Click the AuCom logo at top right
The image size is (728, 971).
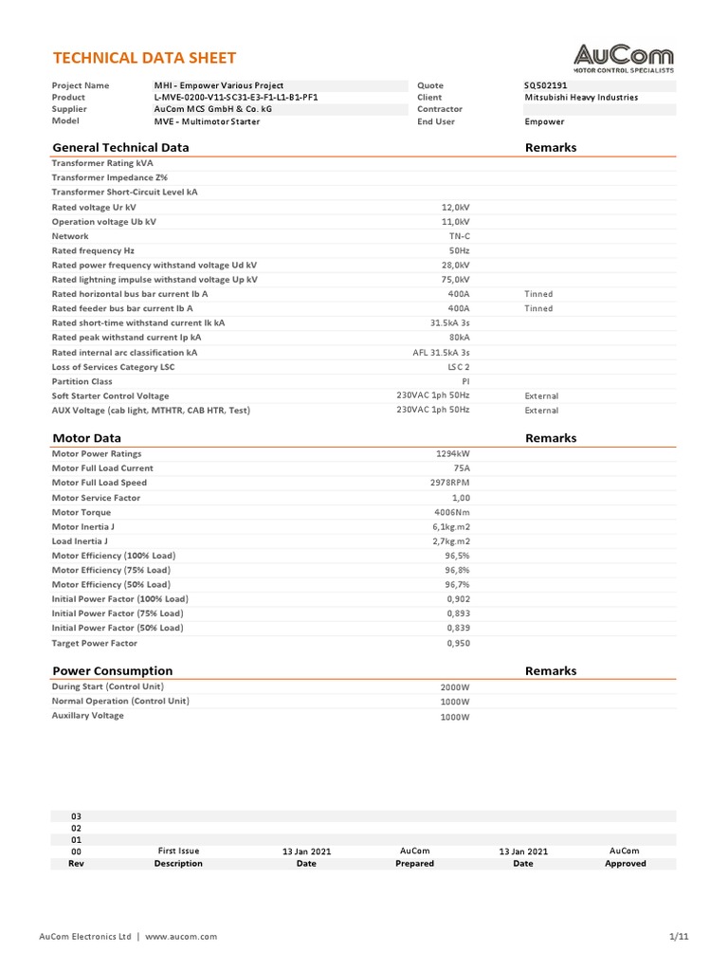(x=624, y=59)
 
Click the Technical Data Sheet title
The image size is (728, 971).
(x=143, y=58)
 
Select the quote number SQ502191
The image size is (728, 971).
(x=546, y=85)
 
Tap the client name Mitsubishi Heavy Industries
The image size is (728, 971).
(x=581, y=97)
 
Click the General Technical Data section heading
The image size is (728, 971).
(x=120, y=147)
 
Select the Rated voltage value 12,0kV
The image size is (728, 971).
(x=455, y=207)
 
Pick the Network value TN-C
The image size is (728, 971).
(x=459, y=236)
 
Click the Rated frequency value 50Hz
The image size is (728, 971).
(x=458, y=250)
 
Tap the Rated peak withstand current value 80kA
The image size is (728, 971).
(x=459, y=338)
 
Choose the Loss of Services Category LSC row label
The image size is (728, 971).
(x=113, y=366)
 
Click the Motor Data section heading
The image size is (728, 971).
(x=86, y=438)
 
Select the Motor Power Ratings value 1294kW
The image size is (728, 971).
(x=452, y=453)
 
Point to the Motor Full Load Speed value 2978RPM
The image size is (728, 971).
(x=450, y=483)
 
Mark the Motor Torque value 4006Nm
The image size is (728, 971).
(x=451, y=512)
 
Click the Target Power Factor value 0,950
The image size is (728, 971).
(x=458, y=643)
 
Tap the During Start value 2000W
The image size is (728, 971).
(x=455, y=687)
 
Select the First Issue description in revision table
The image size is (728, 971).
(x=178, y=852)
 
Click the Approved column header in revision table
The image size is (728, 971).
(x=625, y=864)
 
